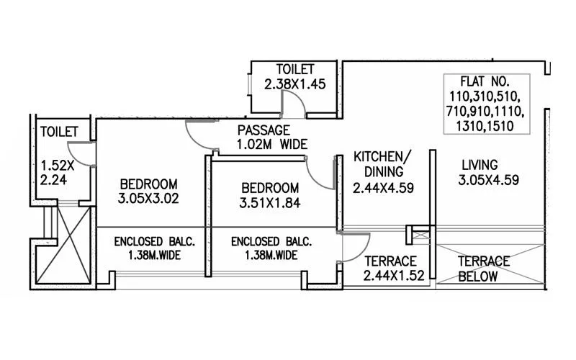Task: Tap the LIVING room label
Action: pos(479,165)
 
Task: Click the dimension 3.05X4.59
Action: pos(489,180)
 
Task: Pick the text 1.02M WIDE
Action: pos(271,144)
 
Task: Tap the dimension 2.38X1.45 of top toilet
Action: pos(295,84)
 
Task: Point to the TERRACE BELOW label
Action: pos(484,269)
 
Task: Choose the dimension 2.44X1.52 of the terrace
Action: pos(390,276)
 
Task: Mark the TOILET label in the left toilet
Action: pos(59,132)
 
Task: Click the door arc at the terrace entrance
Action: pos(353,247)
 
